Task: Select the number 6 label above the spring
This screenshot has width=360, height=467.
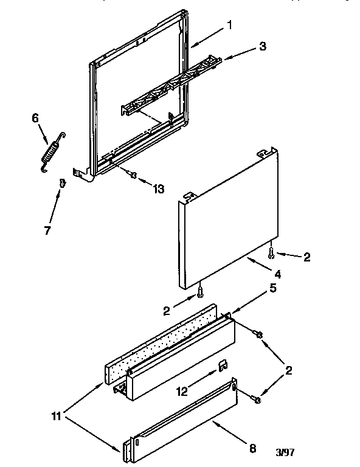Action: tap(34, 119)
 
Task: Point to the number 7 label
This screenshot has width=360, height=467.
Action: tap(47, 230)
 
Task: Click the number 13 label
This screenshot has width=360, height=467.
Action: tap(158, 189)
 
